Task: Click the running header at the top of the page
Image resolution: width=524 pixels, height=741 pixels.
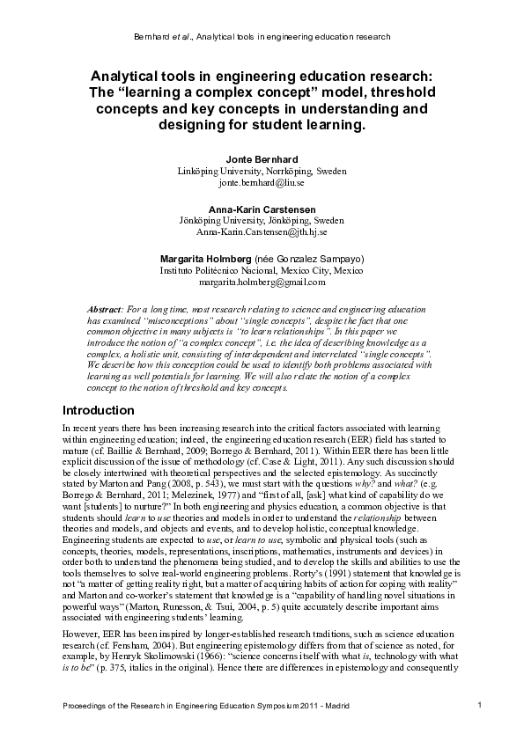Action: [262, 36]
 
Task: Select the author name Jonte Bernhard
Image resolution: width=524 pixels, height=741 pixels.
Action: [262, 158]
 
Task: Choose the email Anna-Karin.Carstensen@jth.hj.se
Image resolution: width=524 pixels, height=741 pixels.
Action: [262, 232]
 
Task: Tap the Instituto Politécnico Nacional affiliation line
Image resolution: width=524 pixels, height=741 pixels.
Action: [262, 270]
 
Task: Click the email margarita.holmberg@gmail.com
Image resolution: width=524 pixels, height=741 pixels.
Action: [262, 282]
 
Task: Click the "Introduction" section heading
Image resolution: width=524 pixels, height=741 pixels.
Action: [98, 410]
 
